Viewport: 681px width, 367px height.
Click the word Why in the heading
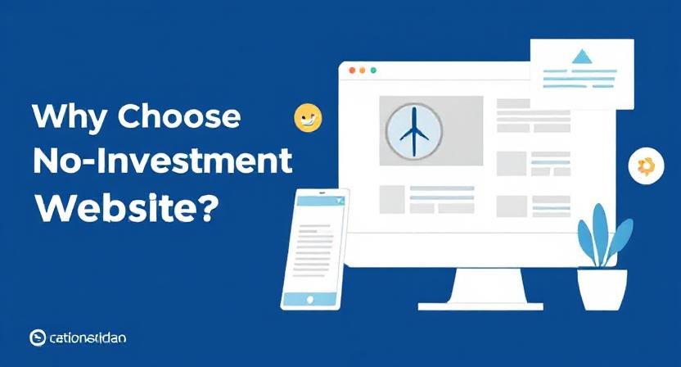[69, 118]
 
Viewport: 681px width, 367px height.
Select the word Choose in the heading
[179, 118]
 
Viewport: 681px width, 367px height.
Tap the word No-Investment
[162, 162]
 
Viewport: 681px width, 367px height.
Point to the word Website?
[127, 206]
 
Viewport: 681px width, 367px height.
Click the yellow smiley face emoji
[308, 118]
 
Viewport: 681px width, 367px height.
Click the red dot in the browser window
[352, 71]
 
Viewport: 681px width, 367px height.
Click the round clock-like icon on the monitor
[413, 131]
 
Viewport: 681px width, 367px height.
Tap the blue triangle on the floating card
[582, 57]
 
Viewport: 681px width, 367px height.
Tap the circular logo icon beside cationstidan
[37, 338]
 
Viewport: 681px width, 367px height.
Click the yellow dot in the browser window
[363, 71]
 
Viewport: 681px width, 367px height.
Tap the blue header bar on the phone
[321, 200]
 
